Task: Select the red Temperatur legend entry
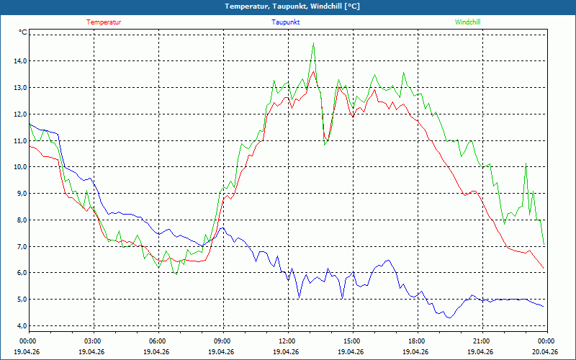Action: (x=104, y=22)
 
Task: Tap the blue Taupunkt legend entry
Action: (x=286, y=22)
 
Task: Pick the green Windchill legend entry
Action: (x=467, y=22)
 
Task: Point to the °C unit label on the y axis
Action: (x=23, y=32)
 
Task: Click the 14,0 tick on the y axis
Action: (x=18, y=61)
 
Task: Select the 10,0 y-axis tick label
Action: (x=18, y=167)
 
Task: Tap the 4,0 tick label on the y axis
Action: (x=18, y=326)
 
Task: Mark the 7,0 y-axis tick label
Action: (x=18, y=246)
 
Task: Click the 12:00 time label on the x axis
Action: (x=287, y=341)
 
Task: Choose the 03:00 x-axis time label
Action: (x=93, y=341)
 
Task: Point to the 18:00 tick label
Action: (x=417, y=341)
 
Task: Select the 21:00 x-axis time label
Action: (x=482, y=341)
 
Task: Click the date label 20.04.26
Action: (x=545, y=352)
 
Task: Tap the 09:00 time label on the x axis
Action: (x=222, y=341)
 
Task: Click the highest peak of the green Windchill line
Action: (x=313, y=43)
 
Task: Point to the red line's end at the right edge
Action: (x=544, y=269)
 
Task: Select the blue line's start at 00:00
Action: (x=30, y=124)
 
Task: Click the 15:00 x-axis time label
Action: (x=352, y=341)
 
